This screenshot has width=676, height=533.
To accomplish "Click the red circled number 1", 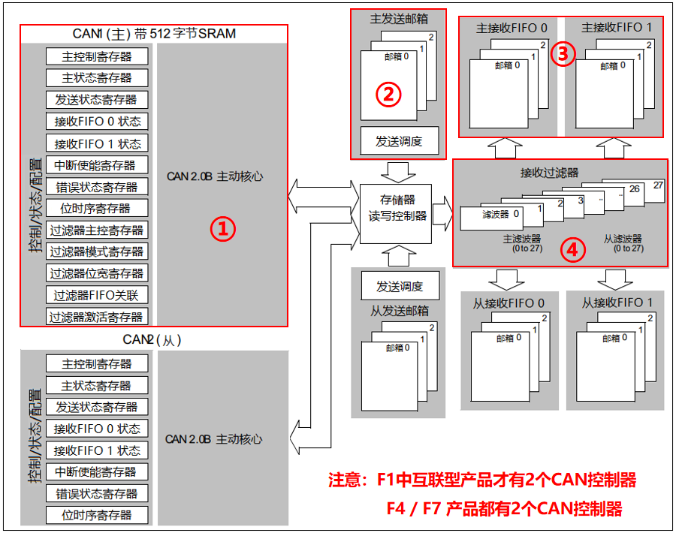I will click(222, 229).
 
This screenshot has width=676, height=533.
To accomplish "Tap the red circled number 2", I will click(388, 94).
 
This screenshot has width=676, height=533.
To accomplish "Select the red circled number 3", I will click(563, 53).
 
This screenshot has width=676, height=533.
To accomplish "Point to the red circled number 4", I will click(573, 250).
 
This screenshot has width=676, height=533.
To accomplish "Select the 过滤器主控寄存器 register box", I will click(97, 230).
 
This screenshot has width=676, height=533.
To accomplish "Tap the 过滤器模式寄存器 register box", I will click(97, 252).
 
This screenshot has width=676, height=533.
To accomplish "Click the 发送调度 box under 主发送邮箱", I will click(399, 140).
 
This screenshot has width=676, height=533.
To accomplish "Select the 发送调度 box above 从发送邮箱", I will click(399, 286).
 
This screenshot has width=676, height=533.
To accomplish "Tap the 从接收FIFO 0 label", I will click(509, 303).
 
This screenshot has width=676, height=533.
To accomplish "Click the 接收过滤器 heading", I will click(550, 173).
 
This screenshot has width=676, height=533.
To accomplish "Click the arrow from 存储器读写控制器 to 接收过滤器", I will click(443, 208).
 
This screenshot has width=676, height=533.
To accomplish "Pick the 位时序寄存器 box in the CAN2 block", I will click(97, 515).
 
